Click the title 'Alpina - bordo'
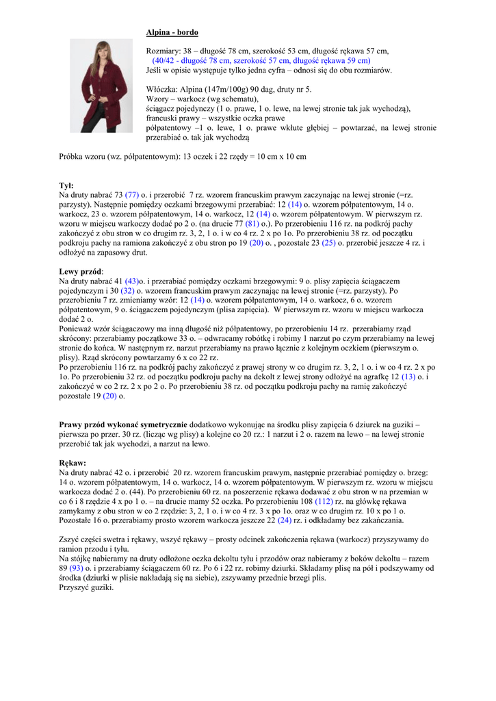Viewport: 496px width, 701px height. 172,32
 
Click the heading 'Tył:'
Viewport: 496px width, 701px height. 66,186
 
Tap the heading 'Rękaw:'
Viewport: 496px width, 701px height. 73,463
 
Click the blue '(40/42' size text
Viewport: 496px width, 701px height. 165,60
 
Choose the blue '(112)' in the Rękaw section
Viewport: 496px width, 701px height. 323,502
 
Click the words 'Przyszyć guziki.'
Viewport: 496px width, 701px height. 87,588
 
